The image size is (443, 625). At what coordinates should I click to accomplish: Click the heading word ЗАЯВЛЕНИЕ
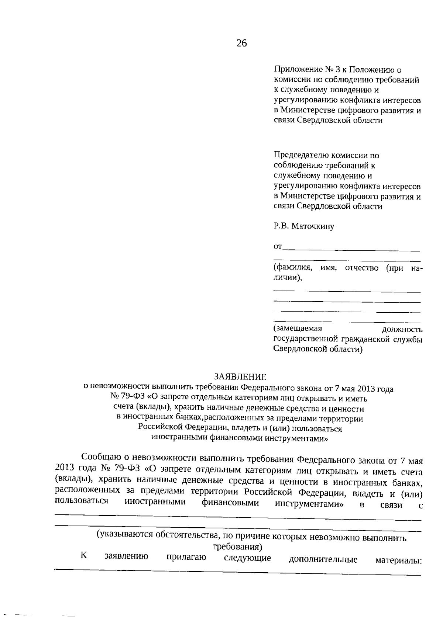tap(240, 377)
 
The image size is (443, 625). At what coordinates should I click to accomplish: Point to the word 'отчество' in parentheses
tap(361, 268)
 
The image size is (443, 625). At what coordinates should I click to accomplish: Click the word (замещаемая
tap(298, 328)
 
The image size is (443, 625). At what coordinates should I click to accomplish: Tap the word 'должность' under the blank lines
tap(402, 329)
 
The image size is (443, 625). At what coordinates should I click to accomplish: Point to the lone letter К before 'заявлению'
tap(84, 555)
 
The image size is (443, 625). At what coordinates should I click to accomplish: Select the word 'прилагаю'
tap(186, 557)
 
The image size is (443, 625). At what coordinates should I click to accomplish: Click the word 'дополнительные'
tap(323, 560)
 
